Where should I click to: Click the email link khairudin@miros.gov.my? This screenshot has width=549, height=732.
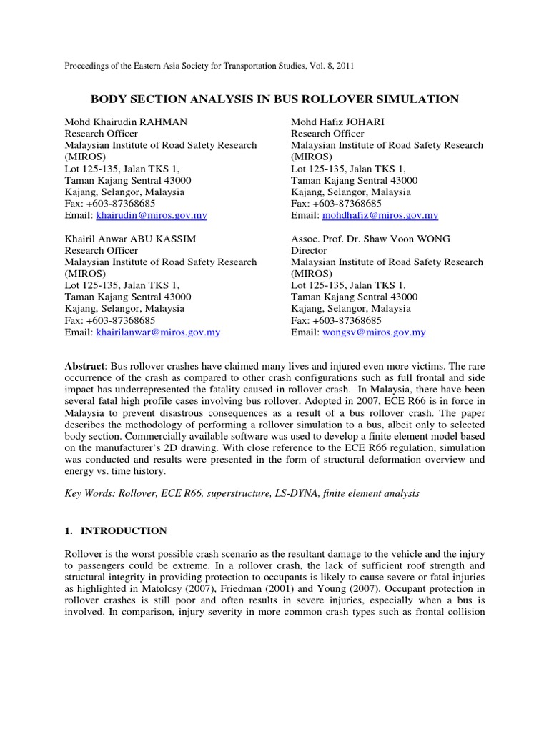tap(152, 215)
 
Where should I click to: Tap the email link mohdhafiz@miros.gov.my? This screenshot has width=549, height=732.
tap(380, 215)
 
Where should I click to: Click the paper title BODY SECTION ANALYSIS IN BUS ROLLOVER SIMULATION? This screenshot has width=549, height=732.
tap(274, 99)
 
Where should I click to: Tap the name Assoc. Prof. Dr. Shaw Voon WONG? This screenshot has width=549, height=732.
tap(370, 239)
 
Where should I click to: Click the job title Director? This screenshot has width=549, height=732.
tap(309, 250)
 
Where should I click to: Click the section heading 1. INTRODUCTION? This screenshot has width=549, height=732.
tap(116, 530)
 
